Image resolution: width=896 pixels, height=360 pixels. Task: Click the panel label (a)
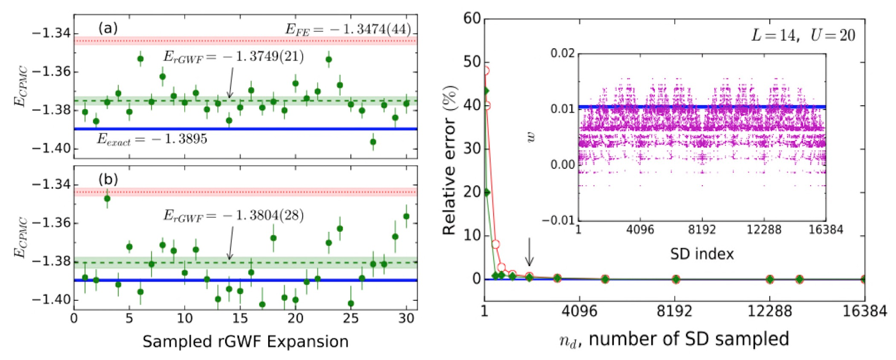108,27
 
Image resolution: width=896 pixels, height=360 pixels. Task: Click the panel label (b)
108,179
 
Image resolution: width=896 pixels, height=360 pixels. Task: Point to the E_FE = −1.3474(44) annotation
348,29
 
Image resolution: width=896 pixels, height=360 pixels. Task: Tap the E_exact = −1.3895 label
152,139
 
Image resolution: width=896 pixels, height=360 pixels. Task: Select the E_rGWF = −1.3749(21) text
233,57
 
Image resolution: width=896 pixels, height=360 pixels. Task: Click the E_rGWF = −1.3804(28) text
233,216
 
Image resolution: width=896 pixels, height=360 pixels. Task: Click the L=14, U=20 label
802,35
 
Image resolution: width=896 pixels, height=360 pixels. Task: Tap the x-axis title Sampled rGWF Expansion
245,342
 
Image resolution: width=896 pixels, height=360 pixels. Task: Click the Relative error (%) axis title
450,160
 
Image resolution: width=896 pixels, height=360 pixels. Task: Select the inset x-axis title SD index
702,254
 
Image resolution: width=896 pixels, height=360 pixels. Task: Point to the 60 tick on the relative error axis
472,18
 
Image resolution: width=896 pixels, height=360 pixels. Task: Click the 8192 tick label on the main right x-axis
675,311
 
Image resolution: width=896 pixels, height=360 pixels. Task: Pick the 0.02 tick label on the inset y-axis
562,54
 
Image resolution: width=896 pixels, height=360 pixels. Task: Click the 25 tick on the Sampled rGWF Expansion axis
351,319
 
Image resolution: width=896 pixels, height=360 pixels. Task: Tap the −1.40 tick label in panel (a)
52,148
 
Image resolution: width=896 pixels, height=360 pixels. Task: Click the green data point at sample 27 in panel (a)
373,142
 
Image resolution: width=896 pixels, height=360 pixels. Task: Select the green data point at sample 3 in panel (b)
107,198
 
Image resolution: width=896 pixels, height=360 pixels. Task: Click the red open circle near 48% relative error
486,71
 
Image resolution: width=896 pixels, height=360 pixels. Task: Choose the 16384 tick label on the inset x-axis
825,230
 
